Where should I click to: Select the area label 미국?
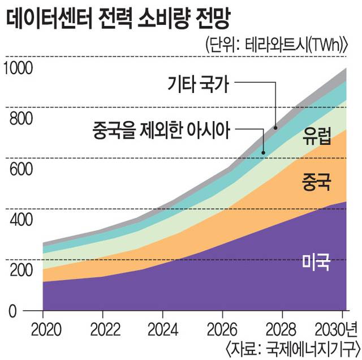316,262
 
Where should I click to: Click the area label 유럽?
316,136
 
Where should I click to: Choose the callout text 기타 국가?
198,85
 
